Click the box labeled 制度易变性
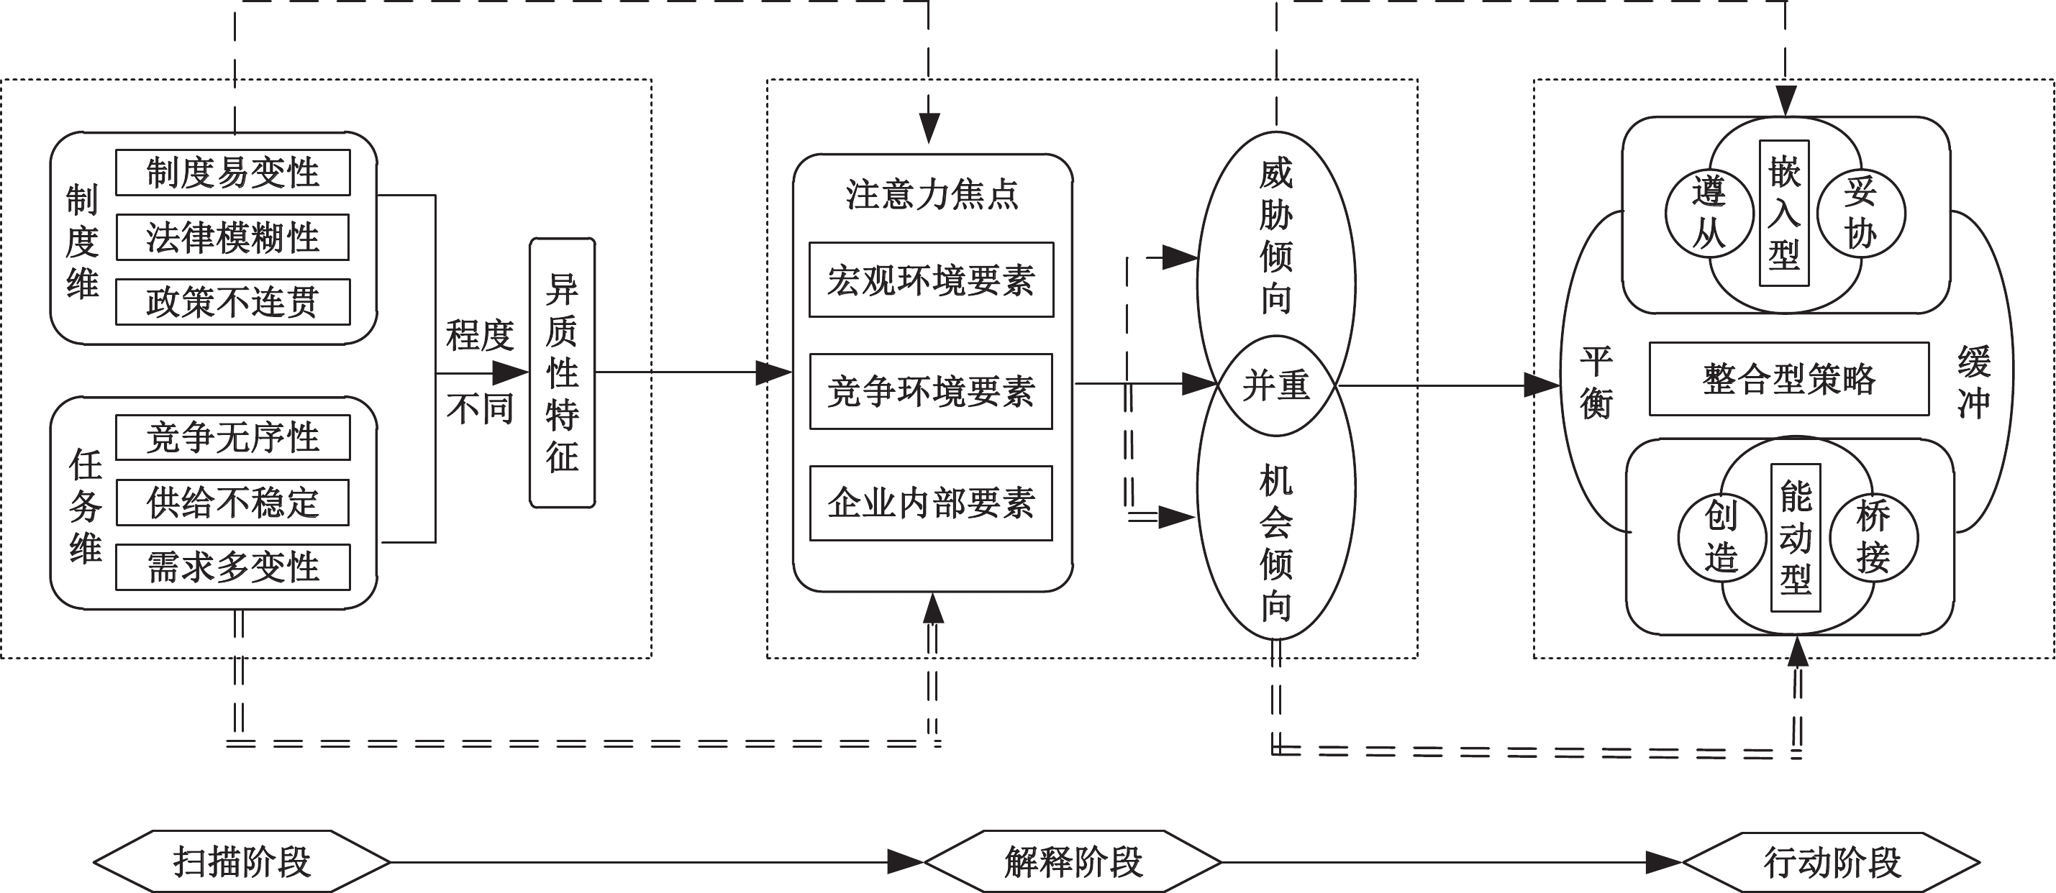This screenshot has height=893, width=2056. (x=232, y=173)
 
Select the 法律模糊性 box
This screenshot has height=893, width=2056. (x=232, y=237)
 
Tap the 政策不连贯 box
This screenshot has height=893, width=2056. (x=232, y=302)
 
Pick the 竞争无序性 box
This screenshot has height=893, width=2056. (x=232, y=437)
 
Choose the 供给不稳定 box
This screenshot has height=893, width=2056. (x=232, y=502)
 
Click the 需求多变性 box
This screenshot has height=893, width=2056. (x=232, y=567)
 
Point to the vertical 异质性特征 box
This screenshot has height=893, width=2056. (x=562, y=372)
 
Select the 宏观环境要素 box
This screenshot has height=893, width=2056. (x=931, y=280)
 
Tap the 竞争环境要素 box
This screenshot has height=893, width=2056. (x=931, y=391)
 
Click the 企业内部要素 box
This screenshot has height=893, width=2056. (x=931, y=503)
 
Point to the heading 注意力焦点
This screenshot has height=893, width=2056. (x=932, y=195)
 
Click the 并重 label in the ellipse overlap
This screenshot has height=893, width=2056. (x=1275, y=386)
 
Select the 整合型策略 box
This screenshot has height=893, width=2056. (x=1788, y=379)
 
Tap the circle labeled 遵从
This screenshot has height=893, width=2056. (x=1708, y=213)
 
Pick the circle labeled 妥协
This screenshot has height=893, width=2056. (x=1860, y=213)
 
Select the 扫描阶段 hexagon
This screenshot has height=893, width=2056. (x=241, y=862)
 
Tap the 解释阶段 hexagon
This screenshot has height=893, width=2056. (x=1073, y=862)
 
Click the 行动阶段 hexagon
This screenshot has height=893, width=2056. (x=1832, y=863)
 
